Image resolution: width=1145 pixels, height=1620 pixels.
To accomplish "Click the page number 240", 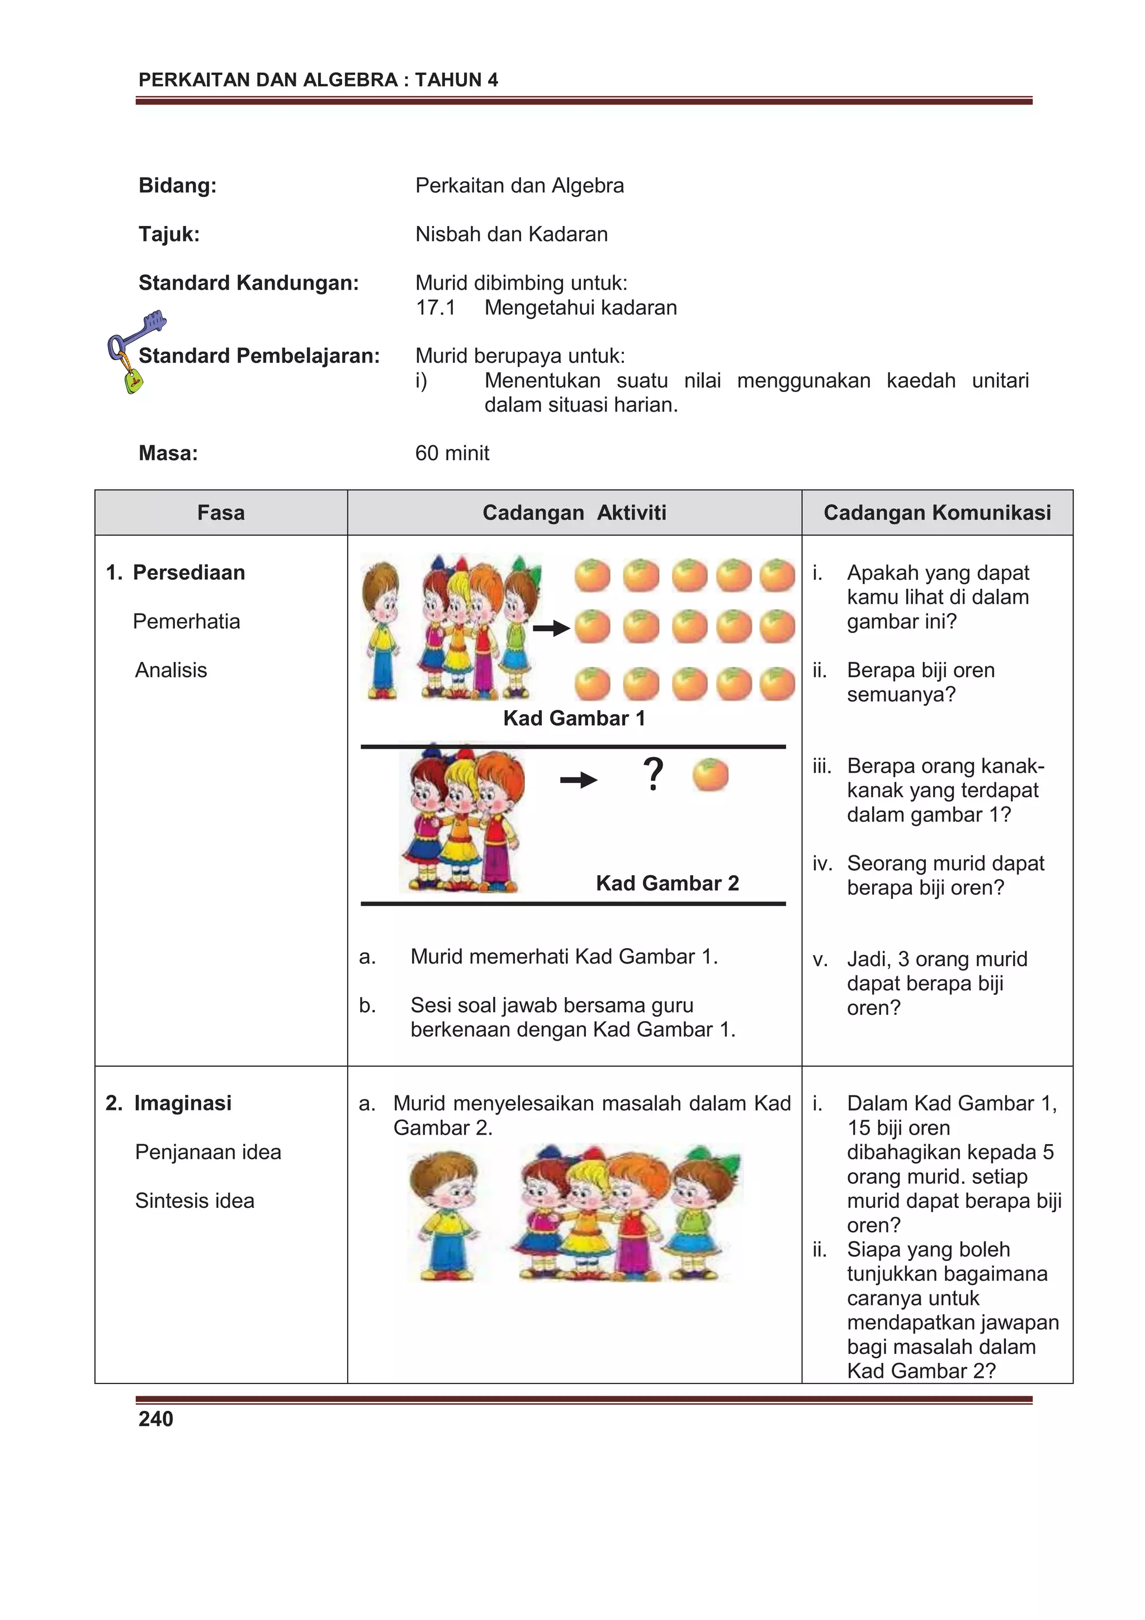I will coord(156,1419).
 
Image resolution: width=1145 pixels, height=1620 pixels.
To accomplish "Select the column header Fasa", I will coord(221,513).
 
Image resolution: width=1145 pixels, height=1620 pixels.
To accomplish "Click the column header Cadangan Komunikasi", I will coord(937,513).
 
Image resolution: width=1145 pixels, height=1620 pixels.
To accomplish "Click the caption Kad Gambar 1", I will coord(574,718).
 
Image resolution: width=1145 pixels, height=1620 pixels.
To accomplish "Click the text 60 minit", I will coord(452,453).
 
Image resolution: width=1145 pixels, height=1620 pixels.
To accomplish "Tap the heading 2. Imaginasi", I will coord(169,1103).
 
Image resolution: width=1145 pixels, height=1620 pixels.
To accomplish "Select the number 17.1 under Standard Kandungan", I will coord(436,308).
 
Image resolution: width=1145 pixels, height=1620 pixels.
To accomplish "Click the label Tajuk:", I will coord(169,234).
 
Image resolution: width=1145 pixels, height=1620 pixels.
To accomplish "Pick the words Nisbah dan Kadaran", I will coord(511,234).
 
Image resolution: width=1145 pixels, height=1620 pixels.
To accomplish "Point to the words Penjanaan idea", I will coord(208,1152).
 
